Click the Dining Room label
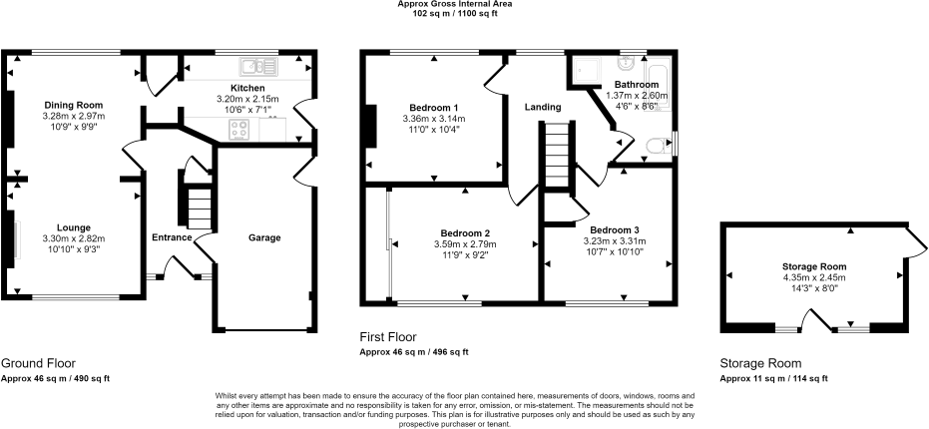[x=73, y=105]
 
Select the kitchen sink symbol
[x=257, y=67]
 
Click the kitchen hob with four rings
[x=241, y=129]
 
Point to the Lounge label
[x=73, y=227]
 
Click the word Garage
[x=264, y=237]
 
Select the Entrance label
[x=172, y=237]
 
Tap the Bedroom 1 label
[x=434, y=108]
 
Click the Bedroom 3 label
[x=614, y=228]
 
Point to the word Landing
[x=542, y=107]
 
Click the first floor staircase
[x=560, y=156]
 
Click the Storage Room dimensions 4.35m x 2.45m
[x=814, y=278]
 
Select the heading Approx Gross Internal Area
[x=465, y=5]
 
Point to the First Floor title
[x=388, y=337]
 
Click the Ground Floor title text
[x=38, y=363]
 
